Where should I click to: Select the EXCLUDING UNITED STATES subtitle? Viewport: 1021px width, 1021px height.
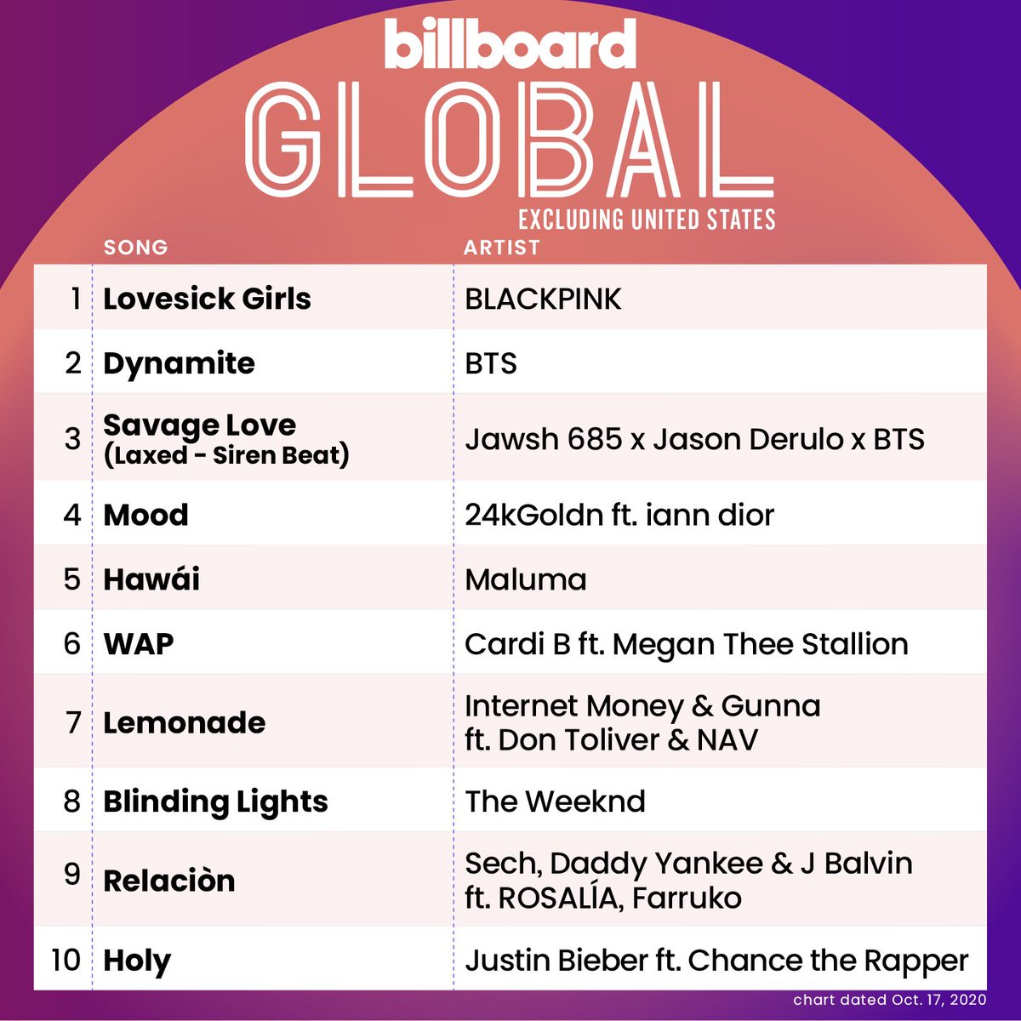click(x=647, y=220)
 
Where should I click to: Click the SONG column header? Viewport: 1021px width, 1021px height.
click(x=136, y=248)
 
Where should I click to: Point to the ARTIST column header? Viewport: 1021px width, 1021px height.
click(x=502, y=248)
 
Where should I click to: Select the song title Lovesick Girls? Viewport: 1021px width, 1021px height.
click(x=207, y=299)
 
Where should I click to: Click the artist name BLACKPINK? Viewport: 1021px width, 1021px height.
click(x=543, y=299)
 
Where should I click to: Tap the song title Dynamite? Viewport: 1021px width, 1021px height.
click(x=179, y=363)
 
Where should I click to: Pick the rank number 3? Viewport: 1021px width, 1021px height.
click(x=72, y=439)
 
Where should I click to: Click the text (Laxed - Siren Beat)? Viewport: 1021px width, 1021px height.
click(x=226, y=455)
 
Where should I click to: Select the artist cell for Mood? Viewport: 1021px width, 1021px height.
click(x=619, y=515)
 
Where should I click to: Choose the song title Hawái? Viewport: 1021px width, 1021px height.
click(x=151, y=579)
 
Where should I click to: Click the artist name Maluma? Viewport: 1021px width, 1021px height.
click(x=526, y=579)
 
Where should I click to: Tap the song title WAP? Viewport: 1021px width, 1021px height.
click(x=139, y=644)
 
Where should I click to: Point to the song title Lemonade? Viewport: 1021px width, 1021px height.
click(x=184, y=722)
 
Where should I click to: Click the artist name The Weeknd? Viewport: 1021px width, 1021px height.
click(x=555, y=801)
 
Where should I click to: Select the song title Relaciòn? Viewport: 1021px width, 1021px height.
click(x=168, y=881)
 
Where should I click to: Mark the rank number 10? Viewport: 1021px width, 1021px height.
click(x=66, y=960)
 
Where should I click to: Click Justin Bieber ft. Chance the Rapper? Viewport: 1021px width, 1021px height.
click(x=716, y=961)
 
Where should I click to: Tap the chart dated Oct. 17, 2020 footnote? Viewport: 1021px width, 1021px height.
click(x=890, y=999)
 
